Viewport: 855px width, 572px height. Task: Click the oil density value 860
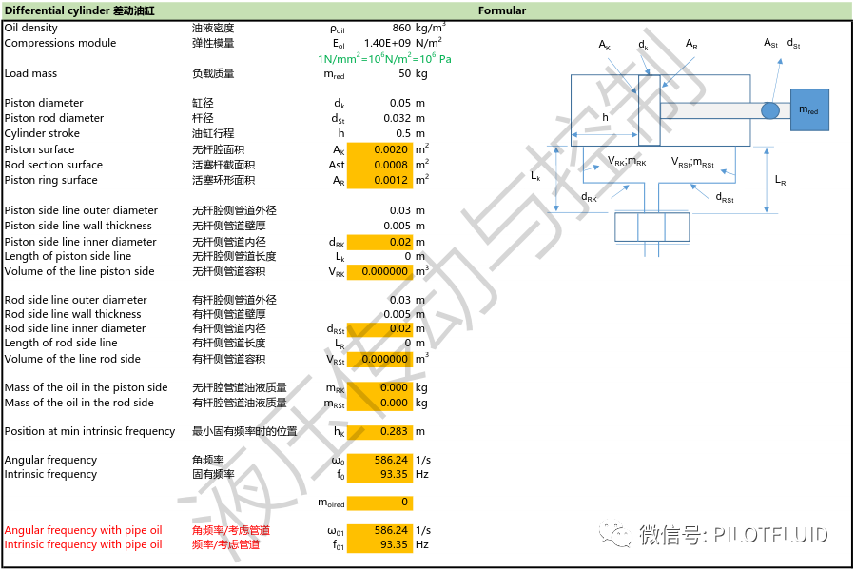tap(401, 29)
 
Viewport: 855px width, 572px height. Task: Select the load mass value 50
tap(404, 74)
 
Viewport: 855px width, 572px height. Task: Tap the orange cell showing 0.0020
tap(390, 149)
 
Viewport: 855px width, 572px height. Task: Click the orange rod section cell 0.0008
tap(390, 165)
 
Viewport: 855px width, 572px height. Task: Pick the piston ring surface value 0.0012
tap(390, 180)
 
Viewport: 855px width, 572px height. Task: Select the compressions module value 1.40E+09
tap(386, 43)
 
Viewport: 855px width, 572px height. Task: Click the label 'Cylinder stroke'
tap(40, 133)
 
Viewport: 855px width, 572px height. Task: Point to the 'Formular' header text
tap(501, 11)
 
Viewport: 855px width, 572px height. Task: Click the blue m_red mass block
tap(808, 110)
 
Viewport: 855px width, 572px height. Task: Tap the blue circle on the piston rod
tap(770, 111)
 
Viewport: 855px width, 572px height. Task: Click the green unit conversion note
tap(384, 58)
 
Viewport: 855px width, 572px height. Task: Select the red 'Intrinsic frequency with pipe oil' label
tap(83, 544)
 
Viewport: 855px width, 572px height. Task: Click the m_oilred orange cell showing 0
tap(380, 502)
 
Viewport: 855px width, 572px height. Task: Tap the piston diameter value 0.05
tap(398, 103)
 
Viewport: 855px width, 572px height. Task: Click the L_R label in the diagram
tap(780, 179)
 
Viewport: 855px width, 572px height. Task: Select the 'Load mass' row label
tap(30, 74)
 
